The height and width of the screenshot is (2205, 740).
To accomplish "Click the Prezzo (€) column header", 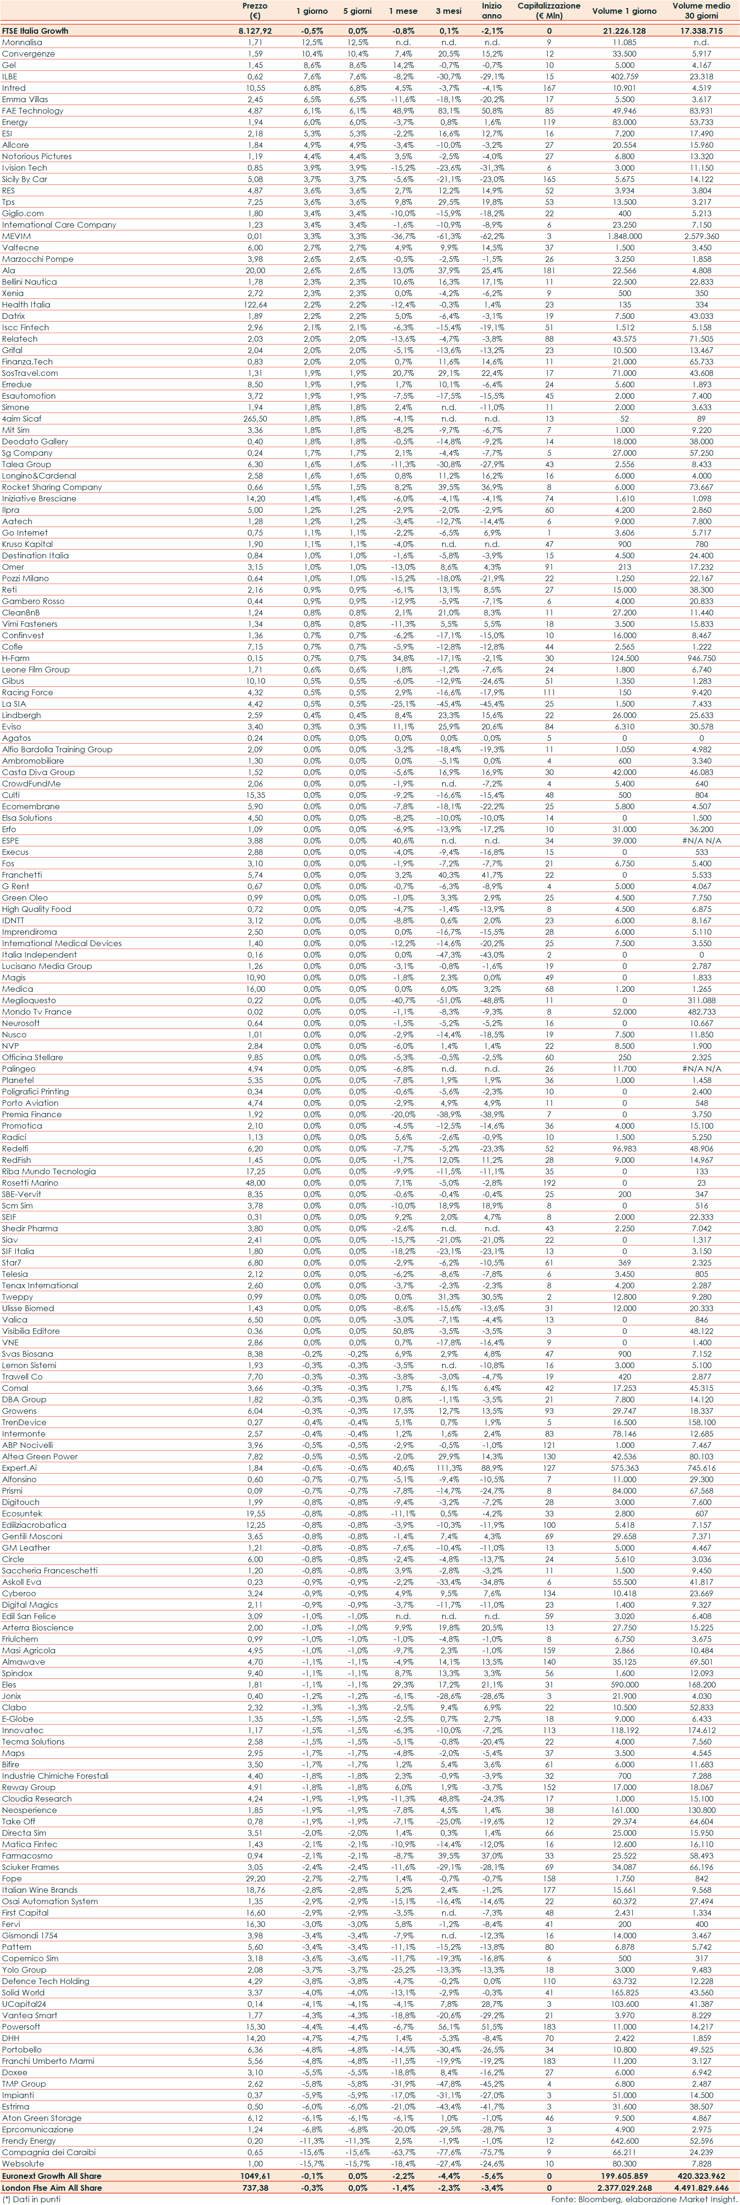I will pyautogui.click(x=254, y=10).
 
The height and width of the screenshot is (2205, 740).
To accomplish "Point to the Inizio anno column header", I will pyautogui.click(x=491, y=10).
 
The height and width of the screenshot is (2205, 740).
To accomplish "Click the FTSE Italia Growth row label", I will pyautogui.click(x=35, y=31).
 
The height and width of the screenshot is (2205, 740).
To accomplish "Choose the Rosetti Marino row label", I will pyautogui.click(x=30, y=1183).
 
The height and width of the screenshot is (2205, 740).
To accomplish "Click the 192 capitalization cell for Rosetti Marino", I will pyautogui.click(x=549, y=1183).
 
